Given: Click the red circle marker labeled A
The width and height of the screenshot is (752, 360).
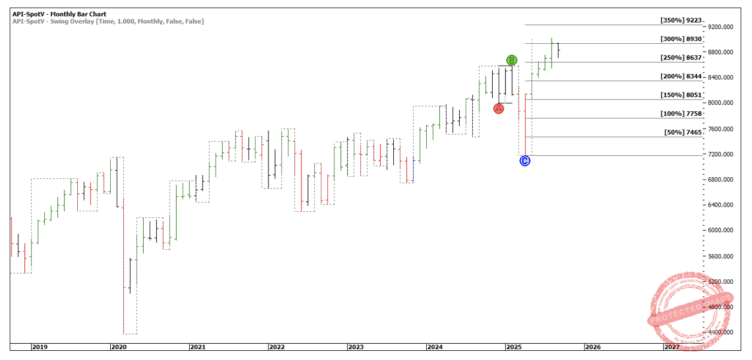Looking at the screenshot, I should click(x=498, y=109).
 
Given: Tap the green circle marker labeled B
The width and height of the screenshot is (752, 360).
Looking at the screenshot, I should click(x=512, y=60).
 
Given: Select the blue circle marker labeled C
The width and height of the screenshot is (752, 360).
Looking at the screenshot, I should click(x=525, y=161).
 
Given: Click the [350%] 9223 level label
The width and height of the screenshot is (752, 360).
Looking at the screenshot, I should click(x=681, y=21).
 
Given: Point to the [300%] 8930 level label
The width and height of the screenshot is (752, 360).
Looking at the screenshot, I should click(x=681, y=39).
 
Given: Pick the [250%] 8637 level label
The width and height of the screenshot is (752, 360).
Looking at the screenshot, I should click(x=681, y=58).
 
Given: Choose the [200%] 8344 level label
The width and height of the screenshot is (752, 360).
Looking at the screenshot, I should click(x=681, y=77).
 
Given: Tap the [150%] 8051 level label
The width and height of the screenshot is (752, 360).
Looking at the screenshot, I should click(x=681, y=95).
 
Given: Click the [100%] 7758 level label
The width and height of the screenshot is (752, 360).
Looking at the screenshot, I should click(x=681, y=114).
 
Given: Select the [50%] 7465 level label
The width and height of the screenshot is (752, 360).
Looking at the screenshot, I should click(x=683, y=132).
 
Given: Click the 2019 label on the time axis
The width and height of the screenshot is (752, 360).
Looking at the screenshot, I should click(x=39, y=347).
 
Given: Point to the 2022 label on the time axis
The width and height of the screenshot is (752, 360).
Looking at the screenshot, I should click(x=277, y=347).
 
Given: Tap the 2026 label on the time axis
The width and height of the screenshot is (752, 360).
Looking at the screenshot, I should click(x=593, y=347).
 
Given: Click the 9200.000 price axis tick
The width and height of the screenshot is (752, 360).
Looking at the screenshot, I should click(x=721, y=27).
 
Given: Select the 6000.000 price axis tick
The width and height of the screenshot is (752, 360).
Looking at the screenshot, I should click(x=721, y=231).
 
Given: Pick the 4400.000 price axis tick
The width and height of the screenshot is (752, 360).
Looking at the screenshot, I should click(x=721, y=332).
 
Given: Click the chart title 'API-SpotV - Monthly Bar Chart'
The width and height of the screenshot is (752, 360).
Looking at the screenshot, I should click(x=59, y=14).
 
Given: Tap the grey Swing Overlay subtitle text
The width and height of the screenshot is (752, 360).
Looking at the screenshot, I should click(x=108, y=21).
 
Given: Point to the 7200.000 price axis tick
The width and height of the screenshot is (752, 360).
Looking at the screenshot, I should click(x=721, y=155).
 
